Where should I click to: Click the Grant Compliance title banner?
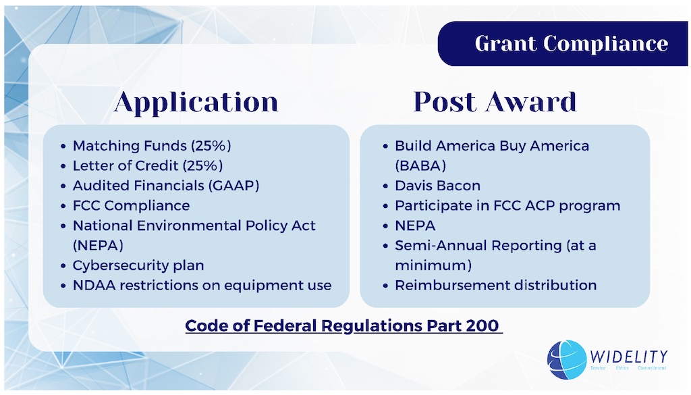point(563,44)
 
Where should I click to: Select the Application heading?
point(196,102)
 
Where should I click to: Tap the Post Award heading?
point(495,101)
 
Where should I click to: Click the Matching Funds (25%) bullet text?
point(152,146)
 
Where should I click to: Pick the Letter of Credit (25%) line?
point(148,165)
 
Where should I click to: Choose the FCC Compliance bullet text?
point(132,205)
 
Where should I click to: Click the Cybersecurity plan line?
point(138,265)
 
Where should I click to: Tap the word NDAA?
point(94,285)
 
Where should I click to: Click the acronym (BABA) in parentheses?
point(420,165)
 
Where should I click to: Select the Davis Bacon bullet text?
point(437,186)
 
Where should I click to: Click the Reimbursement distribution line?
point(496,285)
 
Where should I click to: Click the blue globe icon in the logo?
point(567,360)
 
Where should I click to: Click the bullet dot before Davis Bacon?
point(385,186)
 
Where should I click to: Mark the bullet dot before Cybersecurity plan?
point(63,266)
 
